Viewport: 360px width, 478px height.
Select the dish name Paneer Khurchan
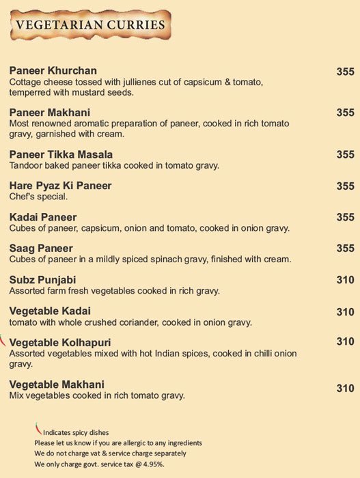[53, 70]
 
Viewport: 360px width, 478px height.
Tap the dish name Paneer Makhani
[51, 112]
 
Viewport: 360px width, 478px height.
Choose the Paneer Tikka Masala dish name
[61, 154]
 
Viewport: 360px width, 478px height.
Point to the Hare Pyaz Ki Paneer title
[61, 186]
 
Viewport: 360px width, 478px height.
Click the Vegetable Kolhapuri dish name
[61, 341]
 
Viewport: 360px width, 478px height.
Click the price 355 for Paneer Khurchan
[345, 70]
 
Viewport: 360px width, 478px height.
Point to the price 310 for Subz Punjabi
[345, 279]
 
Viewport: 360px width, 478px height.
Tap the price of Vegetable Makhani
[345, 389]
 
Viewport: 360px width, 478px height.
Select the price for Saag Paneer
[345, 248]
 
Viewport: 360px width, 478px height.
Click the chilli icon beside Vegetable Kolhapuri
[3, 339]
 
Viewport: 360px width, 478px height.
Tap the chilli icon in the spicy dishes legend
[38, 429]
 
